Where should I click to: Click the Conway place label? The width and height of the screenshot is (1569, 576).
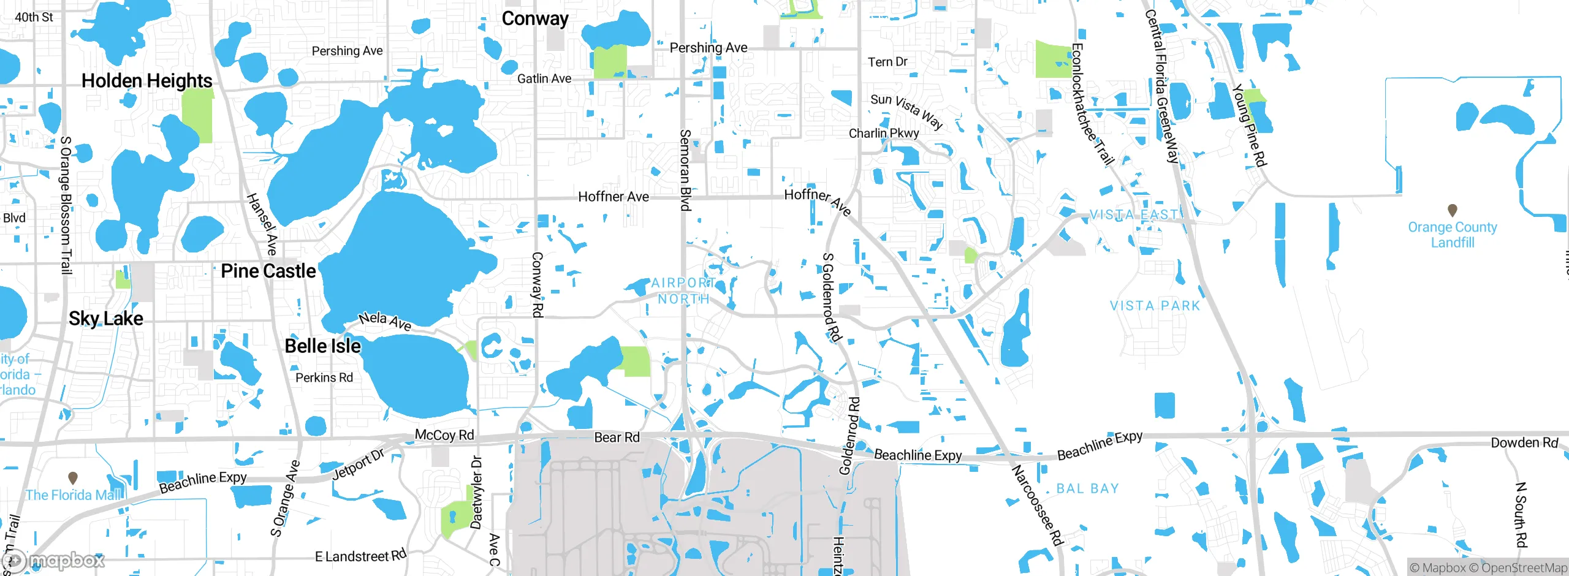535,19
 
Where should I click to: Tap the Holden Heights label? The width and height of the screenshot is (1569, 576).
147,80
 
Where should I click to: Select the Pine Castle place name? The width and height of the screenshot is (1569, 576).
268,271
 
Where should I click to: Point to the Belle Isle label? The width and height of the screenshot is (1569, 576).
323,346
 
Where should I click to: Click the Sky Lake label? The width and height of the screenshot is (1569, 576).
106,319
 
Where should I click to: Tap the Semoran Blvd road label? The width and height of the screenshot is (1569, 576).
685,170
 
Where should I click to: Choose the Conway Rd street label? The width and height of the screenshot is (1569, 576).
537,284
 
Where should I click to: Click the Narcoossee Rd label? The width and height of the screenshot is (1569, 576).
1037,506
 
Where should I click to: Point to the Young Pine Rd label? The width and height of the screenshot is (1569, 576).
1249,125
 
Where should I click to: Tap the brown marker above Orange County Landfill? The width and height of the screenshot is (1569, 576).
1452,210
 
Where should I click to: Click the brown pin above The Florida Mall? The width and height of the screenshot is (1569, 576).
72,477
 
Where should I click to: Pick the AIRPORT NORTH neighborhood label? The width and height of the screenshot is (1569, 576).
683,291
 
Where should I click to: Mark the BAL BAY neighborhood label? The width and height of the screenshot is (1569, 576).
1088,488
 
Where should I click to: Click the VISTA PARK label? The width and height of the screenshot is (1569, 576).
1155,306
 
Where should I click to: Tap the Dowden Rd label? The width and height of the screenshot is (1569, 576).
1524,442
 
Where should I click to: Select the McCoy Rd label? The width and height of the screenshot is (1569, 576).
444,435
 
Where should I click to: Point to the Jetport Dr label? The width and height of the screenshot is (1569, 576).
358,464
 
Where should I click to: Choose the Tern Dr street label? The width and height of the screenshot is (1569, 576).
887,62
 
